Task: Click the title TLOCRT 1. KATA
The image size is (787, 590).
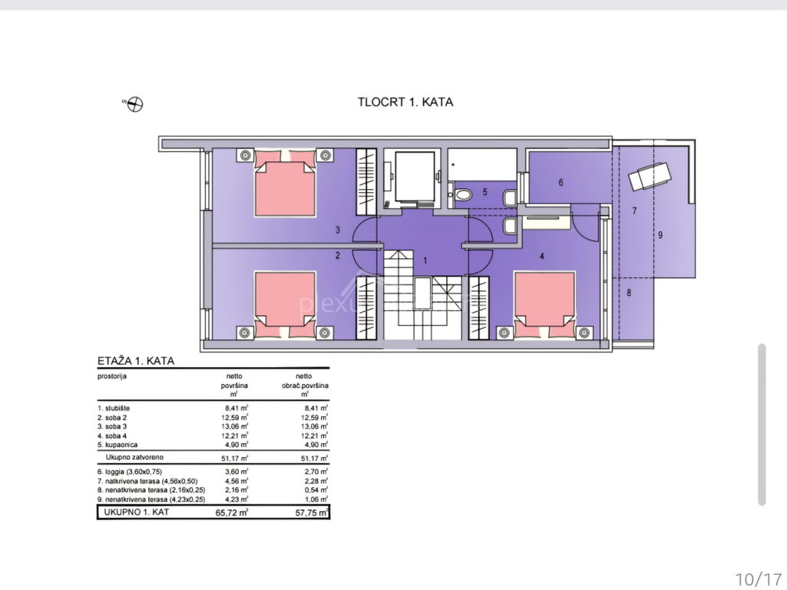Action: pyautogui.click(x=405, y=102)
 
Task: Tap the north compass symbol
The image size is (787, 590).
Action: pyautogui.click(x=135, y=104)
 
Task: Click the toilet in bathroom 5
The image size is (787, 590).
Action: pyautogui.click(x=463, y=194)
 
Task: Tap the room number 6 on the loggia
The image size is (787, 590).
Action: pyautogui.click(x=560, y=182)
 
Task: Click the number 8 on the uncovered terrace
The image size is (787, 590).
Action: pyautogui.click(x=629, y=292)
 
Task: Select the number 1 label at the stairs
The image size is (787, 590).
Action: pyautogui.click(x=425, y=260)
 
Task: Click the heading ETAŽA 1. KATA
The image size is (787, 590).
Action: pyautogui.click(x=136, y=360)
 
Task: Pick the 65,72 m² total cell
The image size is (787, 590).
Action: pyautogui.click(x=232, y=512)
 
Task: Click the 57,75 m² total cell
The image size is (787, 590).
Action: pyautogui.click(x=312, y=512)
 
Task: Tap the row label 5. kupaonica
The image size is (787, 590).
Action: pyautogui.click(x=117, y=445)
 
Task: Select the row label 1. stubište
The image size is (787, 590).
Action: pyautogui.click(x=114, y=408)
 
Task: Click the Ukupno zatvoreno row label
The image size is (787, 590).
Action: pyautogui.click(x=134, y=457)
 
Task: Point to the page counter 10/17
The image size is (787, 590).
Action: pyautogui.click(x=759, y=579)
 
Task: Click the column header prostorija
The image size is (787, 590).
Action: pyautogui.click(x=112, y=376)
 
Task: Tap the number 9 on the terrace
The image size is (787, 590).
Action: pyautogui.click(x=660, y=234)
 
